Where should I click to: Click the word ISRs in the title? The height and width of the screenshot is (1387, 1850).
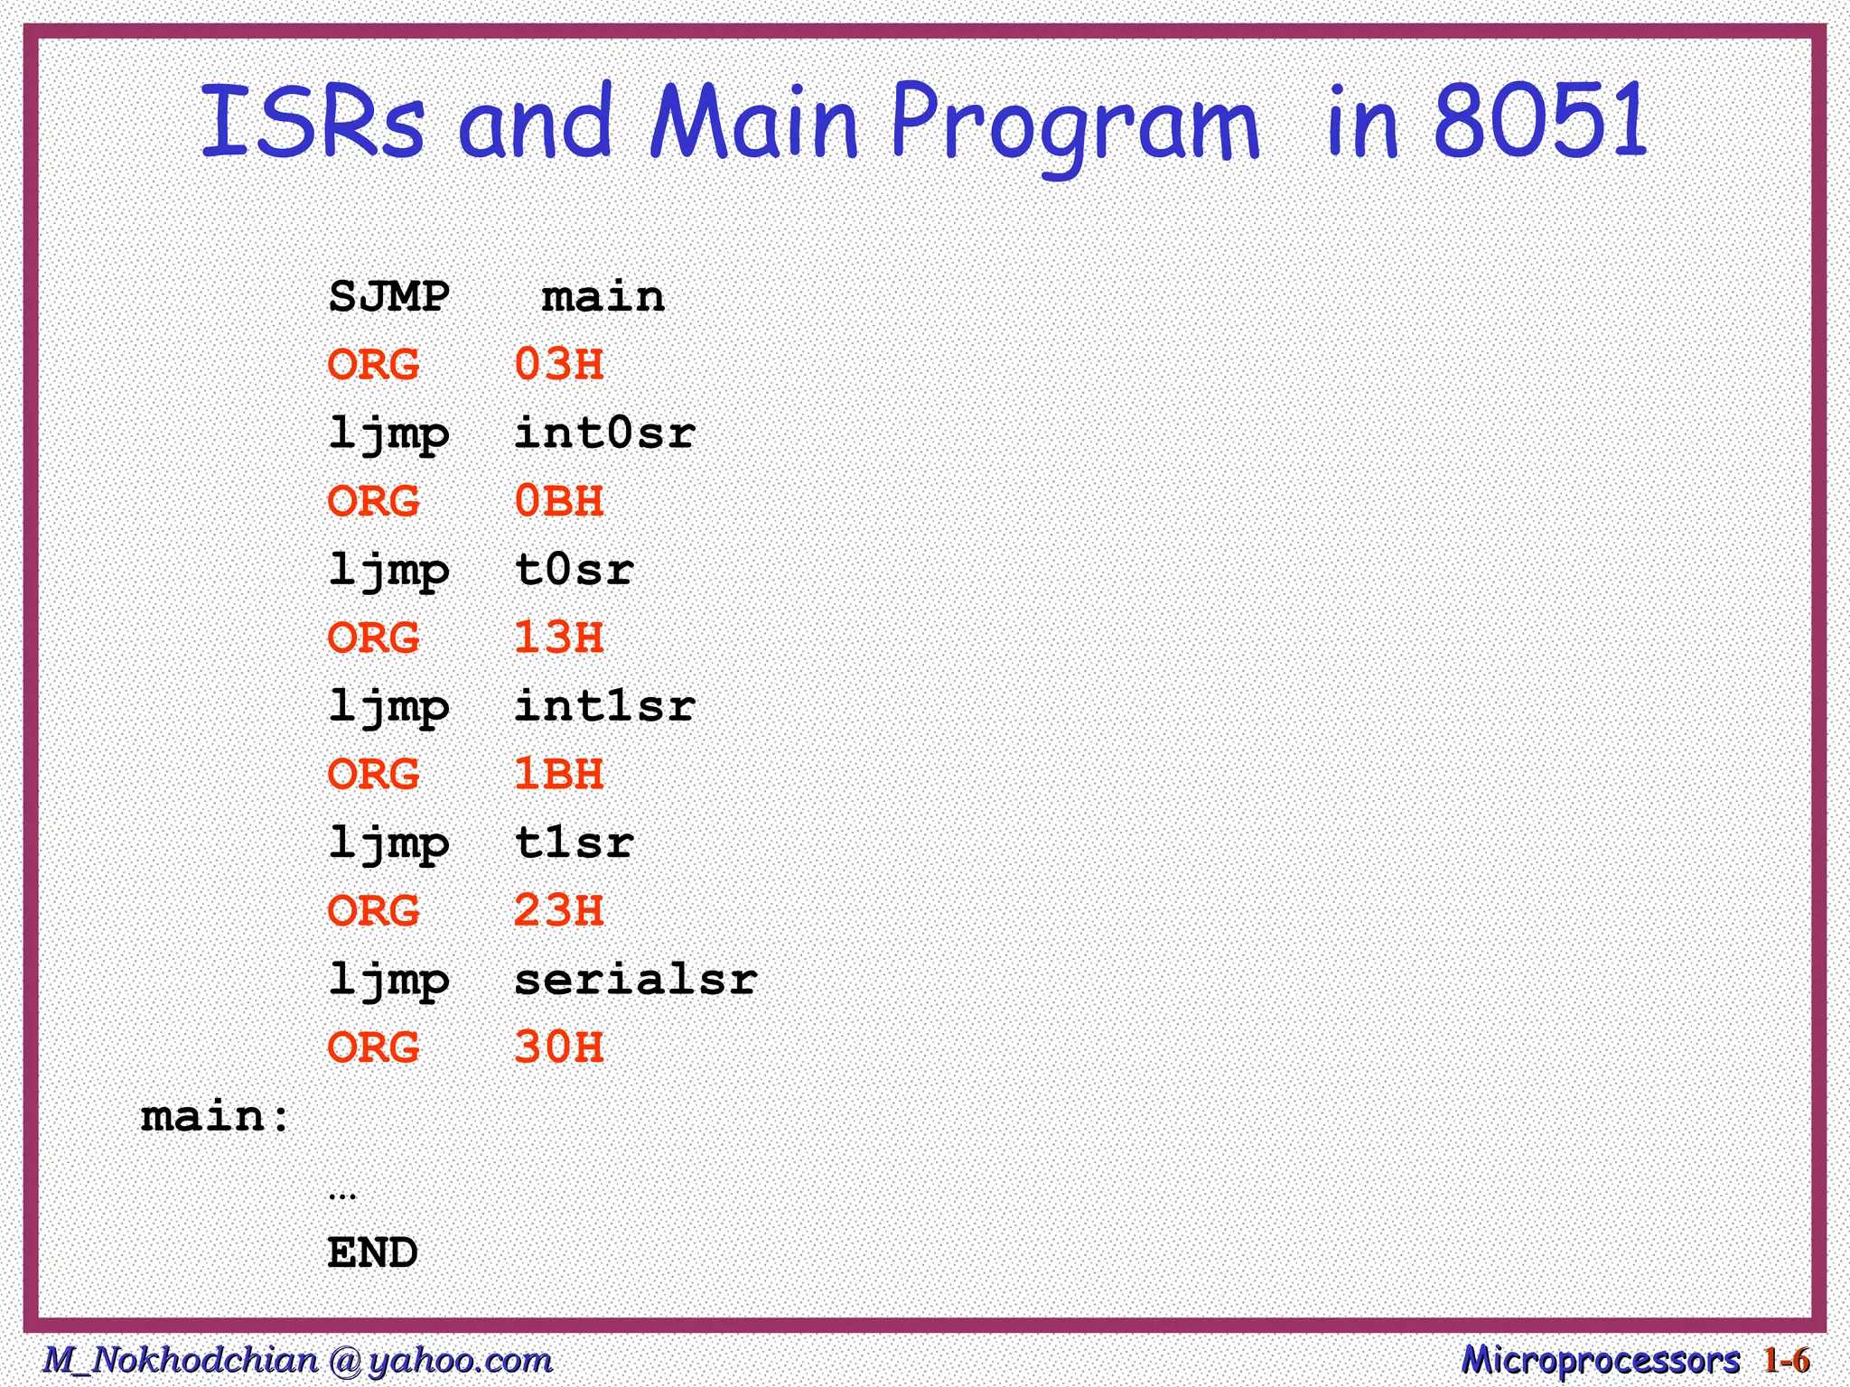coord(312,122)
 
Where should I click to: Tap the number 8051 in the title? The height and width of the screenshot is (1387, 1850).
coord(1539,122)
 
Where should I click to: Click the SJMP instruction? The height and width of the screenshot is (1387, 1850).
coord(388,297)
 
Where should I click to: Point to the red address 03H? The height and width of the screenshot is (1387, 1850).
coord(558,365)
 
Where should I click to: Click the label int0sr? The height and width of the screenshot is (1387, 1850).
coord(604,433)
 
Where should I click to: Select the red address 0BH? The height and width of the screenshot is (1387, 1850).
coord(558,502)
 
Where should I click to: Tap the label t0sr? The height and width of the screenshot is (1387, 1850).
coord(574,570)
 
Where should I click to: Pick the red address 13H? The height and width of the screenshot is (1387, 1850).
coord(558,638)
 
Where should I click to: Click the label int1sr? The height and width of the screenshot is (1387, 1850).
coord(604,706)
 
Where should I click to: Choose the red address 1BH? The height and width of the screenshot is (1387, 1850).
coord(558,775)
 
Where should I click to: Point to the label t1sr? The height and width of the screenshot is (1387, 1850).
coord(574,843)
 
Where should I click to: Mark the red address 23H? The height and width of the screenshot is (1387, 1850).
coord(558,911)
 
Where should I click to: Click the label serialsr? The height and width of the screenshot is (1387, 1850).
coord(635,980)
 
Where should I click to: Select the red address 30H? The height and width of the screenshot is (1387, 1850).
coord(558,1048)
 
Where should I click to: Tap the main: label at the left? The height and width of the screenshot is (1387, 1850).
coord(215,1117)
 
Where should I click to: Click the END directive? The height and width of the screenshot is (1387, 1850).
coord(372,1253)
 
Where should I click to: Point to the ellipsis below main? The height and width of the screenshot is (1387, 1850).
coord(342,1195)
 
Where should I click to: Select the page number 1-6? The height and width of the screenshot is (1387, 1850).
coord(1786,1360)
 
